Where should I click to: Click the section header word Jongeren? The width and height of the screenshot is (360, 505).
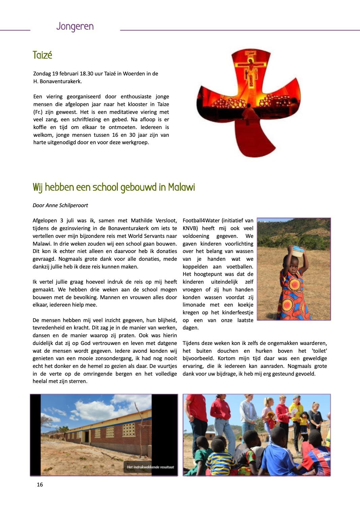tap(75, 26)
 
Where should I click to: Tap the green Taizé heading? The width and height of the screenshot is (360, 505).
tap(42, 55)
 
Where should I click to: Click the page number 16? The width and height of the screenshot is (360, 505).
tap(40, 484)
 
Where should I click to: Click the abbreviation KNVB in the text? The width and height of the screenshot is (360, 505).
tap(190, 228)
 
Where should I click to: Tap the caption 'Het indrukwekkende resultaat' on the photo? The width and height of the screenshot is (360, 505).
tap(150, 467)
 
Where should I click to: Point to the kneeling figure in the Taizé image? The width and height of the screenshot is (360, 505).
tap(248, 112)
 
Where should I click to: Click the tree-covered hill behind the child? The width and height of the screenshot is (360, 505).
tap(296, 232)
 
